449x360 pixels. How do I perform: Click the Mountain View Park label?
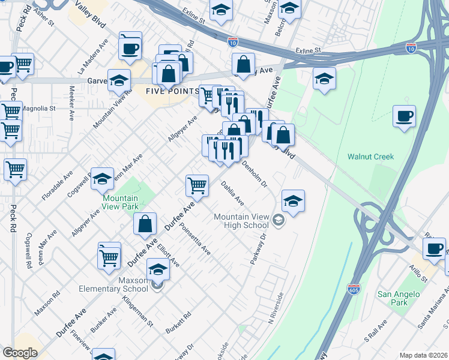tap(120, 202)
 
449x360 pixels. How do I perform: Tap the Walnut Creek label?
tap(370, 157)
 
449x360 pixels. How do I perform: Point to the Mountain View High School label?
tap(241, 221)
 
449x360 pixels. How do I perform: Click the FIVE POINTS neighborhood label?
tap(172, 91)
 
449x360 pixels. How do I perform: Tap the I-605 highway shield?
tap(354, 289)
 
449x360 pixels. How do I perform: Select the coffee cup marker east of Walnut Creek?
tap(405, 116)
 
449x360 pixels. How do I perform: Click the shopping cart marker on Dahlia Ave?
tap(197, 185)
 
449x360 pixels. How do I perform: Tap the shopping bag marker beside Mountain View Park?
tap(145, 224)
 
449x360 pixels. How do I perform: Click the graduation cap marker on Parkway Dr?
tap(293, 202)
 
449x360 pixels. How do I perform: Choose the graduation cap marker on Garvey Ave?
tap(119, 80)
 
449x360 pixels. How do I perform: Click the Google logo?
tap(20, 353)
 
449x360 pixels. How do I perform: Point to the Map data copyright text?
tap(424, 355)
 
